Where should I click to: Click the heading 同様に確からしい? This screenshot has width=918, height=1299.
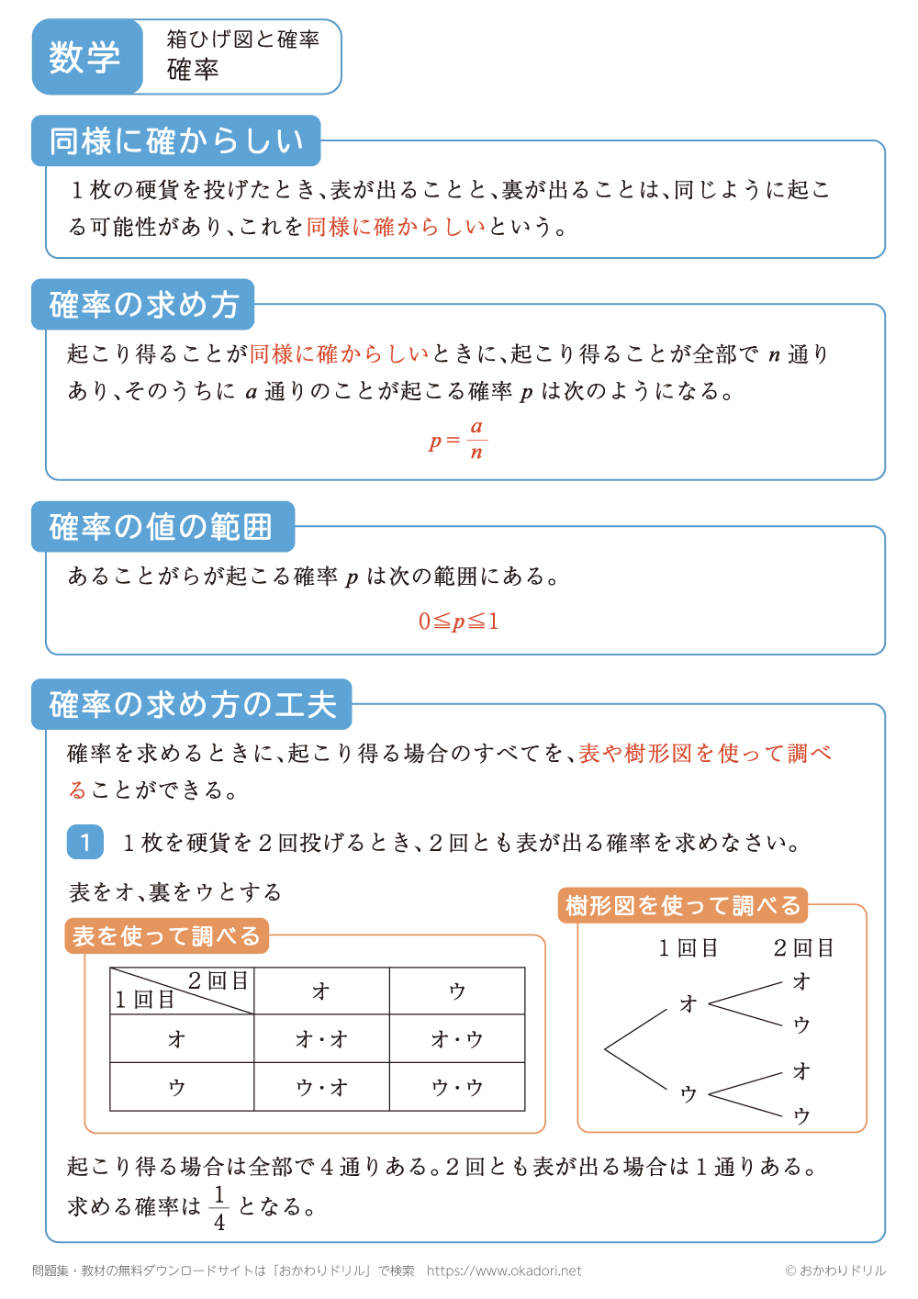[175, 141]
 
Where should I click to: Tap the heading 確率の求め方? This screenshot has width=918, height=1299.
[144, 305]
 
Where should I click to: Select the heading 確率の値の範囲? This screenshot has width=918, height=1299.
[162, 527]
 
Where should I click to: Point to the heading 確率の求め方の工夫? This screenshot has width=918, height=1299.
[193, 704]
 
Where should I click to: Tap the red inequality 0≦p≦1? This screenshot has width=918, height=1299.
[458, 622]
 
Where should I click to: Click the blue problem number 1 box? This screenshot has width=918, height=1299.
[86, 841]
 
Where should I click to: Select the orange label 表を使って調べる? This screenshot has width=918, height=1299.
[167, 936]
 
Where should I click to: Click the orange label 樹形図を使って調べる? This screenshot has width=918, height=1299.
[683, 906]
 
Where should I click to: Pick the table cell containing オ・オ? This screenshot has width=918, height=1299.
[321, 1039]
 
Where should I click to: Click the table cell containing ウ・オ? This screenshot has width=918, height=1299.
[321, 1088]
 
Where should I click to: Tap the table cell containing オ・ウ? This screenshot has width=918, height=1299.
[457, 1039]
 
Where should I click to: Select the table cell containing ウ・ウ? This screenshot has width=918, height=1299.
[457, 1088]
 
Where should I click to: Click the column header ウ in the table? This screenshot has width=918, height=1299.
[457, 991]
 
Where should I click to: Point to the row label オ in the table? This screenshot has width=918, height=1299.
[177, 1039]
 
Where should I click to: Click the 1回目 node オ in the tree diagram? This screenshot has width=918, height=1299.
[688, 1004]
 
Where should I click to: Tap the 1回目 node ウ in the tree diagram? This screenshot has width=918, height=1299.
[688, 1093]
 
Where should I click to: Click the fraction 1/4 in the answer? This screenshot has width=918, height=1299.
[219, 1207]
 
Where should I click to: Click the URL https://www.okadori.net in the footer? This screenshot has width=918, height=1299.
[504, 1271]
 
